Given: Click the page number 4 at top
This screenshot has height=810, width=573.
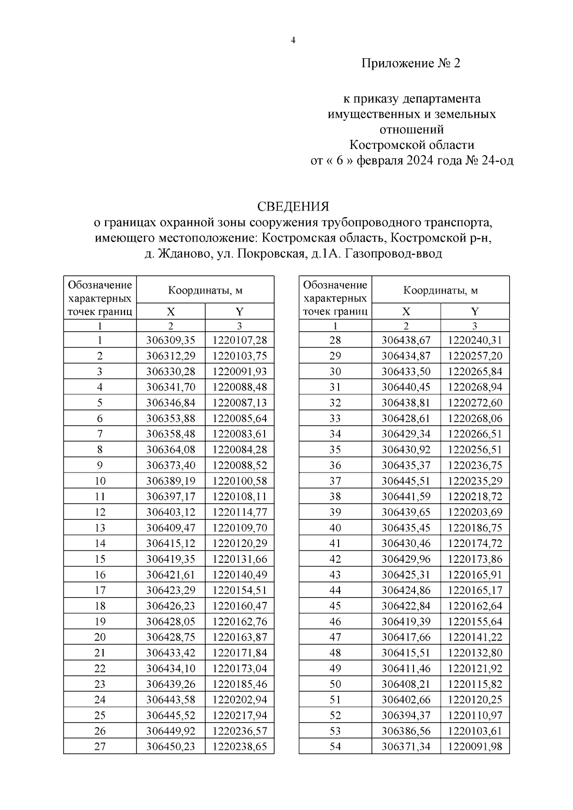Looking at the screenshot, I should [293, 41].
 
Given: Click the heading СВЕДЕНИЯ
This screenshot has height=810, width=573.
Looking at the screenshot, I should [293, 206].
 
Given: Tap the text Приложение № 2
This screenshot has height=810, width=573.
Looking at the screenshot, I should [411, 63].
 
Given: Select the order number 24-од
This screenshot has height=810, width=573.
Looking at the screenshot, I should [498, 160].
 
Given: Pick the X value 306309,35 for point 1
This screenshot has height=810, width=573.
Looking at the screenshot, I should [170, 340].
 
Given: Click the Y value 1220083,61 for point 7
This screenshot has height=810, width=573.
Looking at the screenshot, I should [240, 434].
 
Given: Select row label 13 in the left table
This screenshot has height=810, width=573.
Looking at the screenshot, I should [100, 528].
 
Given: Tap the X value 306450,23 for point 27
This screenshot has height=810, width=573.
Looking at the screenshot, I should [170, 747].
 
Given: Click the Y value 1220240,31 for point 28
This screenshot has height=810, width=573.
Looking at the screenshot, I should [475, 340].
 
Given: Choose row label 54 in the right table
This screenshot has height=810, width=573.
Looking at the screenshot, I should [335, 747].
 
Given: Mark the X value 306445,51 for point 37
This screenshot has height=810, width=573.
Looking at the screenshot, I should [406, 481].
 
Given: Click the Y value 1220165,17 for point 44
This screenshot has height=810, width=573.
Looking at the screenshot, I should [475, 590].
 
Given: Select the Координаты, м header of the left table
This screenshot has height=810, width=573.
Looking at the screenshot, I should [205, 290].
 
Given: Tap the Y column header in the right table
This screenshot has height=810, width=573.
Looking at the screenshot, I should [475, 312].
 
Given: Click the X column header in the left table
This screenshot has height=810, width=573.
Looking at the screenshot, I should [170, 312].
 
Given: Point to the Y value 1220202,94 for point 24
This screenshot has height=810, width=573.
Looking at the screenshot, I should [240, 700].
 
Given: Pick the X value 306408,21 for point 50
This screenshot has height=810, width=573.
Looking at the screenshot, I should [406, 684].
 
